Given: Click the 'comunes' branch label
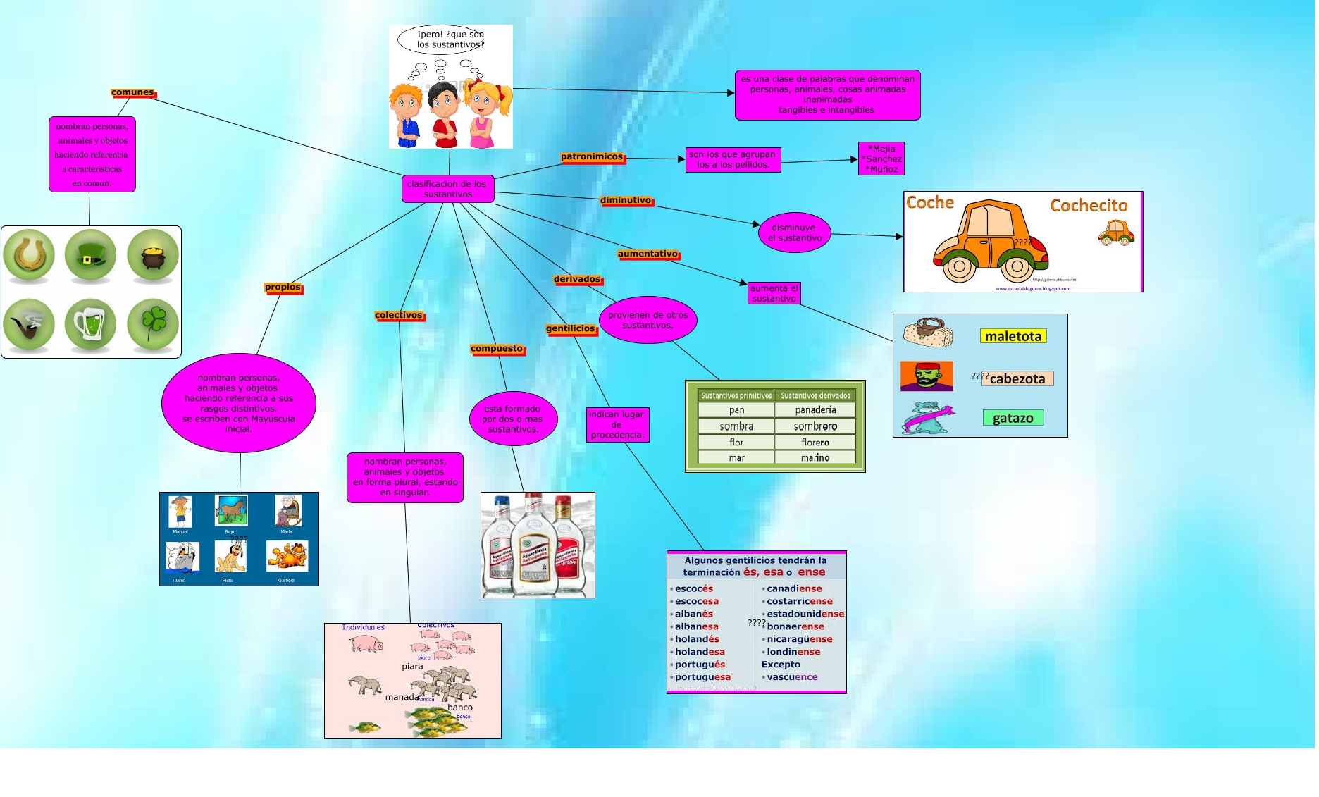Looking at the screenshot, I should [x=132, y=92].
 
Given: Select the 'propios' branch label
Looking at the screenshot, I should [x=283, y=287].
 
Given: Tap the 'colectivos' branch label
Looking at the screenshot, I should [x=399, y=315].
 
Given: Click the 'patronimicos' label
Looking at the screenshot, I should [x=592, y=157].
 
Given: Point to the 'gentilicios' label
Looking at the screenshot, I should [x=571, y=328].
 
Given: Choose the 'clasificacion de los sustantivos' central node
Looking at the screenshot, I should [x=447, y=189].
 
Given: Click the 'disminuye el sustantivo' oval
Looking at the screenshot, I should [x=795, y=233].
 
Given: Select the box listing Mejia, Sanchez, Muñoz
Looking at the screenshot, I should [x=881, y=159].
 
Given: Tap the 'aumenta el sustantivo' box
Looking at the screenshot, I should [x=774, y=293].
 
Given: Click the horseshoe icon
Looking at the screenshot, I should [x=29, y=255].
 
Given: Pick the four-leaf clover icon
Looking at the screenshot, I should [x=153, y=323].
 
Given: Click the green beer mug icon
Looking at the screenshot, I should [x=90, y=323].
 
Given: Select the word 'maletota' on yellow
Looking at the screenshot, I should [x=1013, y=336].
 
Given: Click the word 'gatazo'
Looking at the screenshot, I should [x=1013, y=418].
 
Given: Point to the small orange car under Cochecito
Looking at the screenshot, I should [x=1115, y=233].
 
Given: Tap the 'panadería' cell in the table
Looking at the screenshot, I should [x=815, y=410].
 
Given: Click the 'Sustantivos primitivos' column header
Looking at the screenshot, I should [x=736, y=396].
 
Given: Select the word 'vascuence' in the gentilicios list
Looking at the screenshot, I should [x=792, y=677].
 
